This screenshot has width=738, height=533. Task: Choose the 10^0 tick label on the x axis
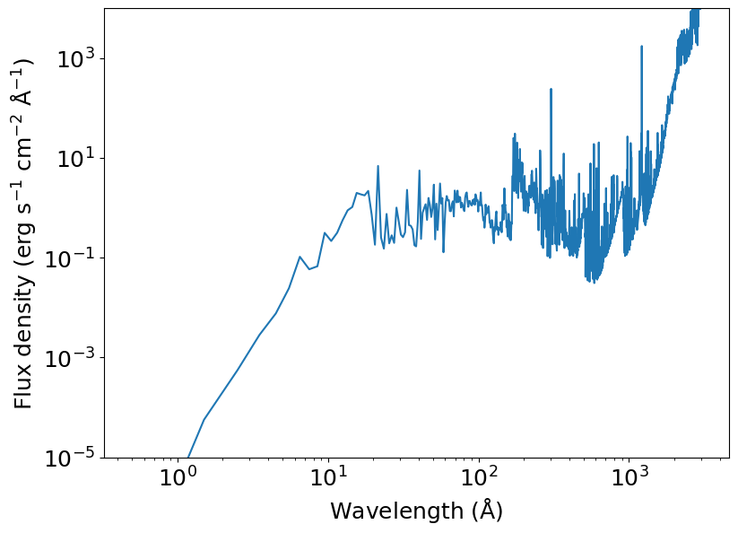click(178, 476)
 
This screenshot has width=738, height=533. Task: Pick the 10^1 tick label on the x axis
click(328, 476)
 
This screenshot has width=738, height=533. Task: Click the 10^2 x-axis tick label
click(479, 476)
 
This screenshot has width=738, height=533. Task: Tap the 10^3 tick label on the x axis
click(629, 476)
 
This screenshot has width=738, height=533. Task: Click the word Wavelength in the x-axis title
click(396, 511)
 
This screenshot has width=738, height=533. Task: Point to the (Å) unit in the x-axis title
click(487, 510)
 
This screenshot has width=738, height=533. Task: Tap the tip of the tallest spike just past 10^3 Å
click(641, 46)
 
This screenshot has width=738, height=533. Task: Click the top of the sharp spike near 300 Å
click(551, 89)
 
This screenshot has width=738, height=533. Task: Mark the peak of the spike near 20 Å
click(378, 166)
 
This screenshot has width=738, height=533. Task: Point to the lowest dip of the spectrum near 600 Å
click(594, 283)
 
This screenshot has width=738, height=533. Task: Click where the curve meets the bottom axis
click(187, 458)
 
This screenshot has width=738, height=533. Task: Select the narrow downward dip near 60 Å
click(443, 251)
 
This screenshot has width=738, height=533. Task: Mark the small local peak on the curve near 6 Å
click(300, 257)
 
